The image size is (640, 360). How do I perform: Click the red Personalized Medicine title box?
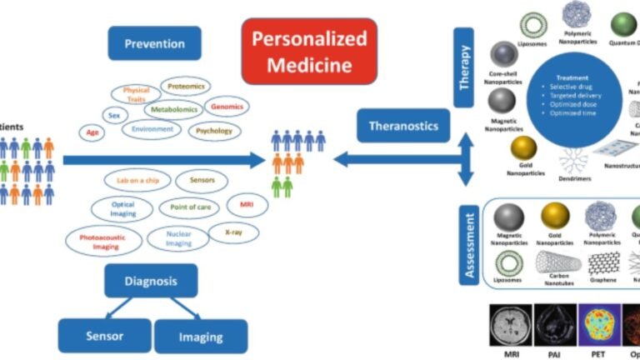[309, 51]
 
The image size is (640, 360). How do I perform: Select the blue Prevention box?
[154, 42]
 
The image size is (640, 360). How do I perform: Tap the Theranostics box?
[403, 126]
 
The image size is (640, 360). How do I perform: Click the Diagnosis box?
[151, 281]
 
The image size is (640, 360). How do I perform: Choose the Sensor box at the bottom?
[104, 336]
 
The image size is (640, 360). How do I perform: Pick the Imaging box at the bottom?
[201, 337]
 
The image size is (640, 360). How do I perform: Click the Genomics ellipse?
[227, 107]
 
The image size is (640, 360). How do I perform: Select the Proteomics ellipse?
[184, 86]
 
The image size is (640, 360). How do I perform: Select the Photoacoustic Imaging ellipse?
[98, 241]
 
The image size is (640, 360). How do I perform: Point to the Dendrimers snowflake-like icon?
[573, 159]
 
